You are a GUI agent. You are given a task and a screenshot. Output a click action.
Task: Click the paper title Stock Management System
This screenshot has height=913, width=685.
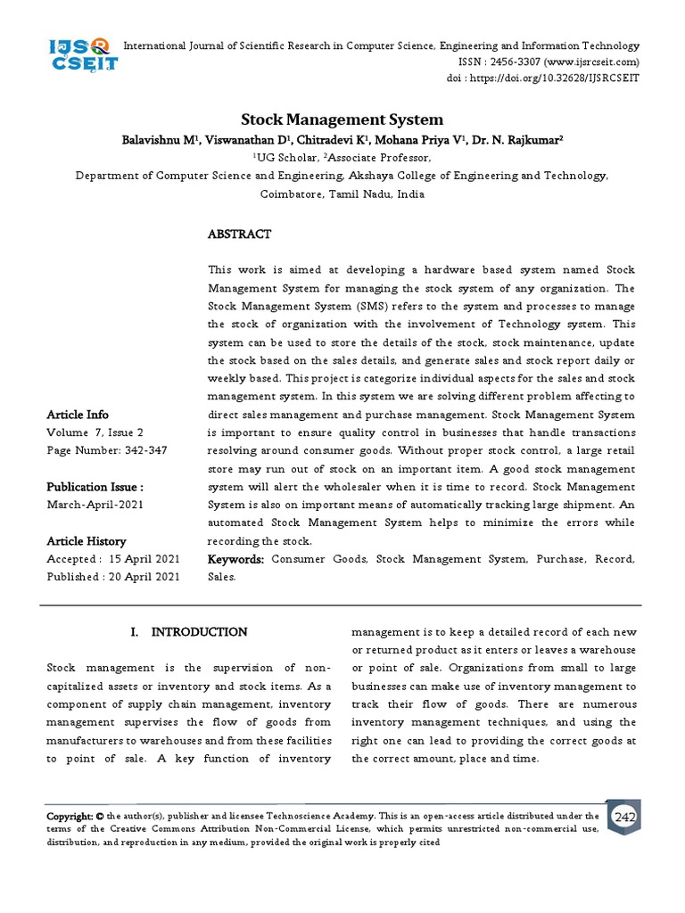tap(342, 119)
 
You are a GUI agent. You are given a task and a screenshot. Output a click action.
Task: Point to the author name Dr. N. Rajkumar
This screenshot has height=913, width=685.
tap(522, 140)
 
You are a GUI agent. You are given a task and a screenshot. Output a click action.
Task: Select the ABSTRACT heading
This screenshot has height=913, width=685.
tap(239, 234)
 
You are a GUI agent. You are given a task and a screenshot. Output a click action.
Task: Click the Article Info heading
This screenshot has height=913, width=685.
tap(78, 415)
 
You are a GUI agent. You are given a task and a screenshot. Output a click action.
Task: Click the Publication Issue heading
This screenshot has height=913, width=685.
tap(95, 487)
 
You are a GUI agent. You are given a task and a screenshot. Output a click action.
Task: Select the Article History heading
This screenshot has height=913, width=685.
tap(87, 541)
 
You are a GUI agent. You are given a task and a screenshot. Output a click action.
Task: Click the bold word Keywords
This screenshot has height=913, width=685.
tap(235, 559)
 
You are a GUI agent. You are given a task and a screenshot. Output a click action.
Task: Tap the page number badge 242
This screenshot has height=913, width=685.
tap(624, 818)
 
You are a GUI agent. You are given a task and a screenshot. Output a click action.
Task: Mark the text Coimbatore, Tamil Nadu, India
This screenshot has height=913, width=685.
tap(342, 193)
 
